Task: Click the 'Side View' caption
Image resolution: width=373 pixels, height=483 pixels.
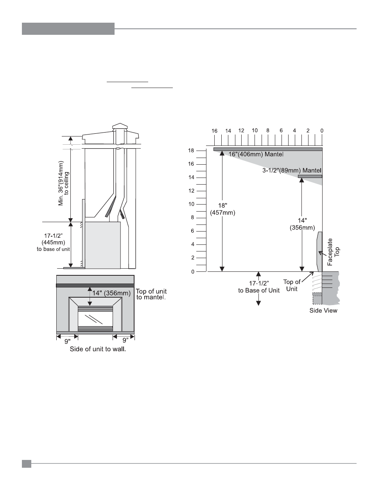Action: click(323, 311)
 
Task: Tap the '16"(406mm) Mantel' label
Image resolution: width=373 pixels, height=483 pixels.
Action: click(256, 154)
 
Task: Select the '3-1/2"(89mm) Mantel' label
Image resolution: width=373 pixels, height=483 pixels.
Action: click(292, 171)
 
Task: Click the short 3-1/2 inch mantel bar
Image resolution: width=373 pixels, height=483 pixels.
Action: click(310, 176)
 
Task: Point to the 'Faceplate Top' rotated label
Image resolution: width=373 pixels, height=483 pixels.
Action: click(333, 252)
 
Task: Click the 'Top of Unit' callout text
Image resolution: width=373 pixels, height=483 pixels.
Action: click(292, 285)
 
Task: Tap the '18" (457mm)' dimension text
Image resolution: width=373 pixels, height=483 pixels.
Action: click(222, 209)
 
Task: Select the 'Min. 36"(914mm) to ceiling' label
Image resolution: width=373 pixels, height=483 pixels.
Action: click(64, 183)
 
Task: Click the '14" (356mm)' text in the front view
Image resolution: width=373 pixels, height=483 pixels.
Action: click(111, 293)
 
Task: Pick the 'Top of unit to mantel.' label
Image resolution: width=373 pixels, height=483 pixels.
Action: click(151, 294)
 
